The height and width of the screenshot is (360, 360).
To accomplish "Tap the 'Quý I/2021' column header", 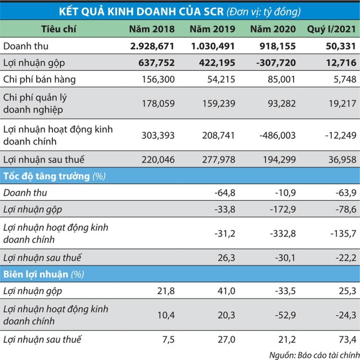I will (x=331, y=29).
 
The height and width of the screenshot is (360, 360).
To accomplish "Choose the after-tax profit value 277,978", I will (x=217, y=159).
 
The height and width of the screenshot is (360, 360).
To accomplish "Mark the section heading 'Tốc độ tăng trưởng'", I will (x=46, y=176).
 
